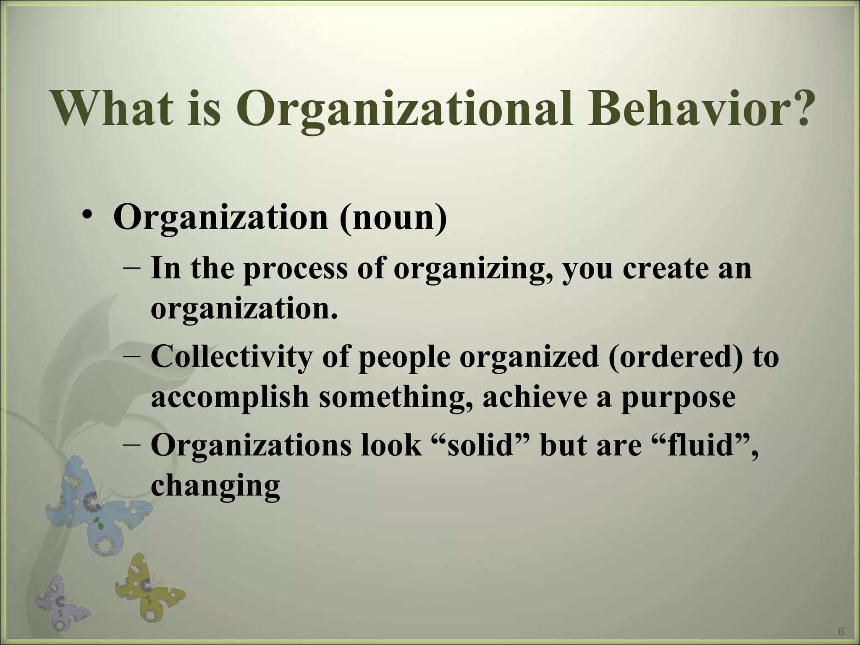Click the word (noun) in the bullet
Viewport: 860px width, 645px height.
(393, 217)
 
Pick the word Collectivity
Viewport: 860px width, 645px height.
(231, 357)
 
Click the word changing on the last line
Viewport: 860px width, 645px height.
(215, 487)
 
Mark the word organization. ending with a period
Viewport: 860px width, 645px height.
(244, 309)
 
